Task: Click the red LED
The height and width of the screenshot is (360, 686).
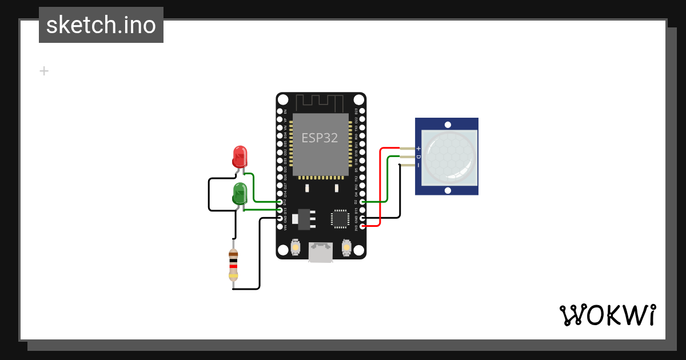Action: point(240,156)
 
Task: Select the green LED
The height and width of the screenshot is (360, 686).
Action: point(240,193)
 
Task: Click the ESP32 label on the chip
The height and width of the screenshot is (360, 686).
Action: point(320,138)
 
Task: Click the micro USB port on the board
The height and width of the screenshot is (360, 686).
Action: point(321,252)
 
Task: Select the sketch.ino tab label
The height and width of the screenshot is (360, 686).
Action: point(101,25)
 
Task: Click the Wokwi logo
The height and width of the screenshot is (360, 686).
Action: point(608,315)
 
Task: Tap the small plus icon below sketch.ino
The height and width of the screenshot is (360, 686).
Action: point(44,71)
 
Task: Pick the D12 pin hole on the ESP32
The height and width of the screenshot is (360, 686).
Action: point(280,202)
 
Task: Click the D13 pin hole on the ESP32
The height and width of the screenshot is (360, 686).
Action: point(280,210)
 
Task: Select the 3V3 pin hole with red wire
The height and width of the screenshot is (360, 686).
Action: point(361,226)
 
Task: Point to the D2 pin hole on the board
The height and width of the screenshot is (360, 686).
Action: point(361,202)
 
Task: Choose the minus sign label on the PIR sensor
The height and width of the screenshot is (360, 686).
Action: point(418,165)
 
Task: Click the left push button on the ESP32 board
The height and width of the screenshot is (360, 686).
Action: point(296,247)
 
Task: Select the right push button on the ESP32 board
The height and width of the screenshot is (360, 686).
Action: point(346,247)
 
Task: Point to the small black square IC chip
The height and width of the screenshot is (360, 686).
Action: point(340,218)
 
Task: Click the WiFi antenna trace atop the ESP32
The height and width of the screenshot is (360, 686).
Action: point(320,103)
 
